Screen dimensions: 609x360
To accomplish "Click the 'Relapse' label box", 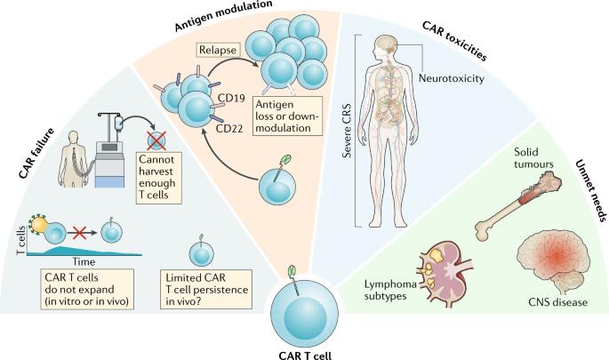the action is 218,50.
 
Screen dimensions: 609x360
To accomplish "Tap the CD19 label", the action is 231,98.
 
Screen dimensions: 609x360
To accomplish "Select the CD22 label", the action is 229,128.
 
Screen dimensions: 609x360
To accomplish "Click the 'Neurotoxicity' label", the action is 452,79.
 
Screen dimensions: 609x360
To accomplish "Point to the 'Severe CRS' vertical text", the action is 347,131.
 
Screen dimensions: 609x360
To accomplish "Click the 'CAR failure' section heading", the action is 36,154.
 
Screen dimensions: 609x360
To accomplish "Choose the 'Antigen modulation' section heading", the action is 223,15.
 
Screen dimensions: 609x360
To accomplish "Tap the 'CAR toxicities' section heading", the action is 454,41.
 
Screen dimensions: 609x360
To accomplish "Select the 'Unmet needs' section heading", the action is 590,190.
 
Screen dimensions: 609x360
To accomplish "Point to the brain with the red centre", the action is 553,260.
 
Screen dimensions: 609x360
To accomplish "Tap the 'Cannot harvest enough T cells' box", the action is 159,177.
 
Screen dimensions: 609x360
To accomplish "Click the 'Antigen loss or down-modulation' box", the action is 287,116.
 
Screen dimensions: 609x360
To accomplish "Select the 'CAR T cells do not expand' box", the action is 87,289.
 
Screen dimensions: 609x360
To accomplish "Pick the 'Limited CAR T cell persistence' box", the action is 206,289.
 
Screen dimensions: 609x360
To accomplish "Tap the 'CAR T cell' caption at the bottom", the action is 305,355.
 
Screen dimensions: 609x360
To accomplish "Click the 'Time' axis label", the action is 84,261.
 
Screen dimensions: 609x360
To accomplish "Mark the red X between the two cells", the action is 79,233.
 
